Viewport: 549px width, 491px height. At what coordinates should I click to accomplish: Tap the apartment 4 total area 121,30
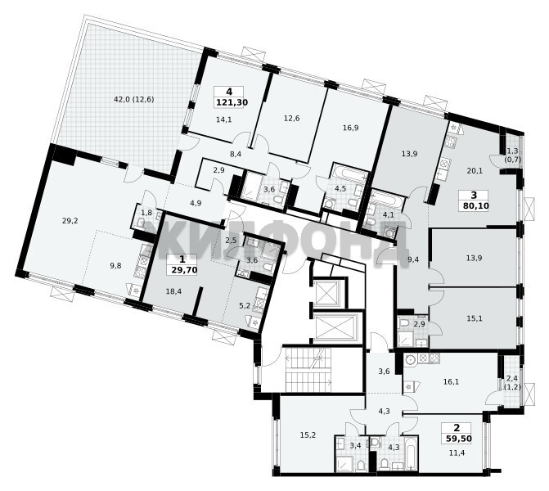pos(232,102)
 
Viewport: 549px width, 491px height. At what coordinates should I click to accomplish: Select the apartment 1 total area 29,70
pos(183,270)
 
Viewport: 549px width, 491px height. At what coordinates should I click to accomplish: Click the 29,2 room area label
pos(70,221)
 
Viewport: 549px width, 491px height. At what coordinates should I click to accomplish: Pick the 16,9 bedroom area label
pos(350,128)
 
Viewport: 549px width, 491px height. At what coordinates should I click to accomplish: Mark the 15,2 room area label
pos(308,435)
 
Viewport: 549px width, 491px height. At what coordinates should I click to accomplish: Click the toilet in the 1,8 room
pos(141,223)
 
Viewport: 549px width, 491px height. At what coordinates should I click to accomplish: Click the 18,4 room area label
pos(173,291)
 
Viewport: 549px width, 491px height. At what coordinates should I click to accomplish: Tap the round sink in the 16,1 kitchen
pos(411,359)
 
